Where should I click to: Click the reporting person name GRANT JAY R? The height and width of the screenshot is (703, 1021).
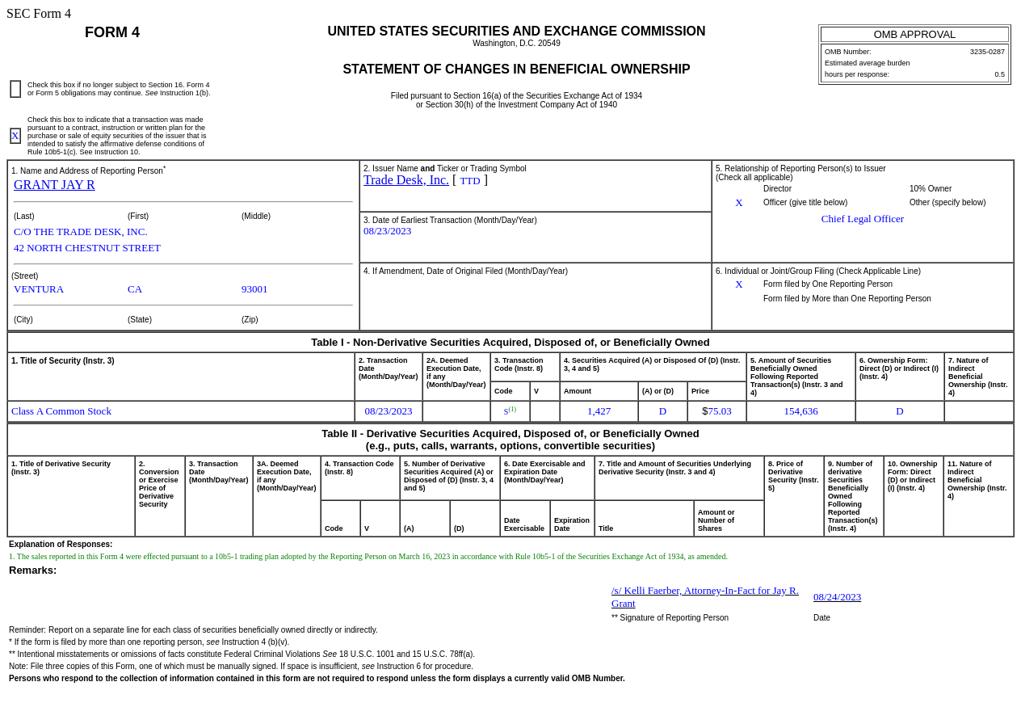point(54,185)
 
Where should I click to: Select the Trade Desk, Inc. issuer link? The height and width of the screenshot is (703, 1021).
point(405,180)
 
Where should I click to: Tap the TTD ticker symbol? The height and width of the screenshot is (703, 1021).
point(470,181)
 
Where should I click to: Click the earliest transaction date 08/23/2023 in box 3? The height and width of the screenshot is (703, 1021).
point(387,231)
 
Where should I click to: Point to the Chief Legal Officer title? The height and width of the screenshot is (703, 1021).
point(862,219)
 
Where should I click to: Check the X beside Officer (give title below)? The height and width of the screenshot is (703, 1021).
point(738,203)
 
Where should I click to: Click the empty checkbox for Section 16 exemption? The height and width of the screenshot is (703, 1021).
point(15,89)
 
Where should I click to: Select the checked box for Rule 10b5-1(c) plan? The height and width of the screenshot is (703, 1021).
point(15,136)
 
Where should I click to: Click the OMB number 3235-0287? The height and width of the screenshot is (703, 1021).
point(987,52)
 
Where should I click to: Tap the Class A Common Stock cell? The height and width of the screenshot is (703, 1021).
point(61,411)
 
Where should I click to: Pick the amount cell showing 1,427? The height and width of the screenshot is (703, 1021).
point(599,411)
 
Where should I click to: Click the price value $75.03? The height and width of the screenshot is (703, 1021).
point(716,411)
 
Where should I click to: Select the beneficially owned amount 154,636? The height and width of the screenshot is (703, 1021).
point(800,411)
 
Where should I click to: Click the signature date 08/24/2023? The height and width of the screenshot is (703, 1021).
point(837,597)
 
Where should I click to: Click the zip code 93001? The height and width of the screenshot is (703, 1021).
point(254,289)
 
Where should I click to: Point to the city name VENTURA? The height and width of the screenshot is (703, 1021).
point(39,289)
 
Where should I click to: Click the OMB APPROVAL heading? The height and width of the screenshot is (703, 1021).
point(914,34)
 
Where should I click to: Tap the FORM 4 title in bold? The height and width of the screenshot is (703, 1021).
point(112,32)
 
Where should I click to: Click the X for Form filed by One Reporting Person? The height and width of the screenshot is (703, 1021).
point(738,284)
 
